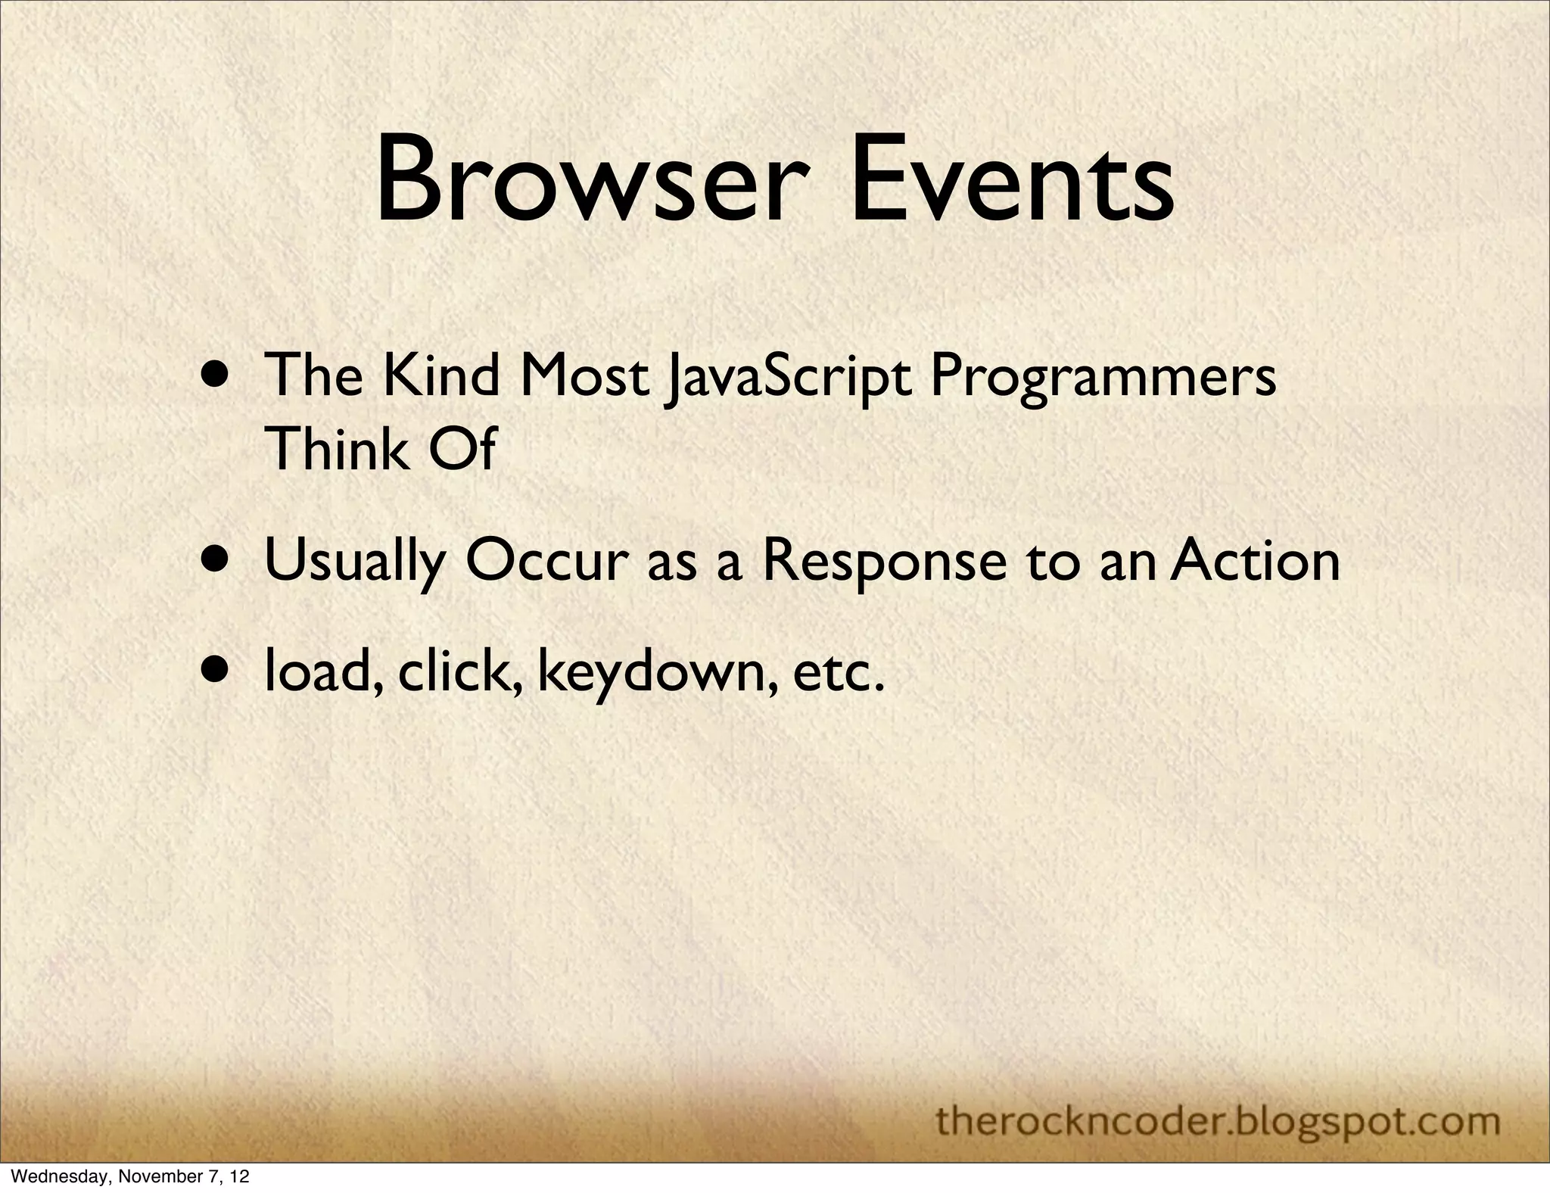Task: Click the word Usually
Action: click(x=354, y=562)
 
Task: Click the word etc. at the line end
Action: click(x=839, y=672)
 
